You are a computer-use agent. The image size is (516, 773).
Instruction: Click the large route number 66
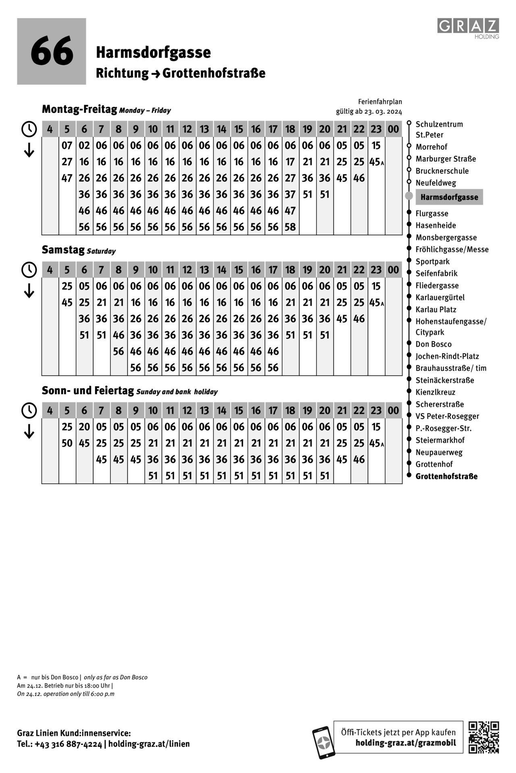click(52, 52)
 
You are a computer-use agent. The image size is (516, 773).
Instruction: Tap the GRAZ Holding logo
click(468, 27)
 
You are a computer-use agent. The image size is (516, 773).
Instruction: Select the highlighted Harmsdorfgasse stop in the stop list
click(449, 197)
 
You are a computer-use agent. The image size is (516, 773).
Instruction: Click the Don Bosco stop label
click(433, 344)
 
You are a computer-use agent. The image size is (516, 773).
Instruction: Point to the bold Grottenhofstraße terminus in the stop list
click(446, 476)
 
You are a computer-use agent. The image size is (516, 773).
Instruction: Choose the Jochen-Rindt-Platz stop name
click(447, 356)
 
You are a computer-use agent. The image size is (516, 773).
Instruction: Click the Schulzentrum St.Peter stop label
click(439, 129)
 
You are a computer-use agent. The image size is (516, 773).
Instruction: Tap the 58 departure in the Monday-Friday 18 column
click(290, 227)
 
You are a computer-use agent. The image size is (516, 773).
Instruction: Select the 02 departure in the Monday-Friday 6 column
click(84, 145)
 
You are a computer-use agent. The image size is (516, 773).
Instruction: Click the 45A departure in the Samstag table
click(376, 302)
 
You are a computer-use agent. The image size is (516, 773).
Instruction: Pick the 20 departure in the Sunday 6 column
click(84, 427)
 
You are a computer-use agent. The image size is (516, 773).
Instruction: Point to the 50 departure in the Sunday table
click(67, 443)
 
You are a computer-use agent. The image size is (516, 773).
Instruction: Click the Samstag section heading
click(63, 250)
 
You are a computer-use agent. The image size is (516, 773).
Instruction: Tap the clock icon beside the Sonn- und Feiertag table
click(29, 410)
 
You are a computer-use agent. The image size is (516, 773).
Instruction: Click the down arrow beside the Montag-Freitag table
click(29, 151)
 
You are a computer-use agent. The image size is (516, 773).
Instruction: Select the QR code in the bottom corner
click(483, 737)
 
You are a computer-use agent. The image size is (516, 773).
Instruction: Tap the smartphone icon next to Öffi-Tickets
click(323, 742)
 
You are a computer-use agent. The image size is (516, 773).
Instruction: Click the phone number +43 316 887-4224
click(68, 744)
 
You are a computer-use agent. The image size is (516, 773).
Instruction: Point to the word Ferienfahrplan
click(380, 102)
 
